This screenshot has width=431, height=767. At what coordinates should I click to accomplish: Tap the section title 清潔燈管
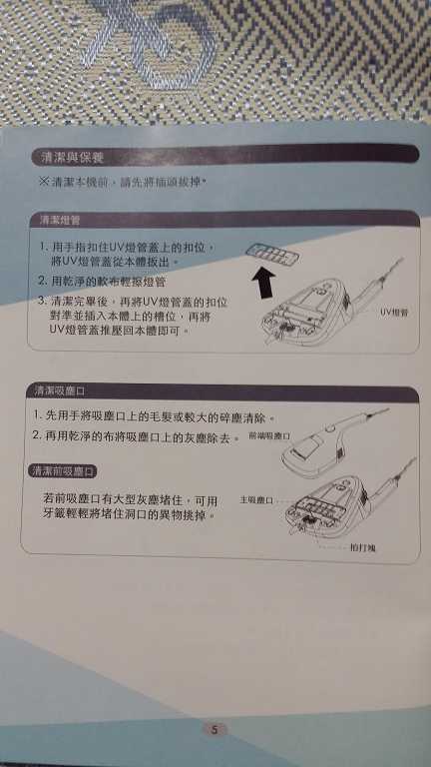pos(59,218)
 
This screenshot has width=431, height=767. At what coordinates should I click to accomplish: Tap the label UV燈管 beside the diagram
pos(395,312)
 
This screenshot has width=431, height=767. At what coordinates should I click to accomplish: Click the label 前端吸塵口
pos(267,436)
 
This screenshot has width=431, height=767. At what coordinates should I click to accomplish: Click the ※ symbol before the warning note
pos(43,182)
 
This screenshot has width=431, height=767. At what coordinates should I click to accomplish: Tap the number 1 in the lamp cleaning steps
pos(43,245)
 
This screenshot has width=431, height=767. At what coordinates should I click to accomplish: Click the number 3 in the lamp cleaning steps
pos(43,301)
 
